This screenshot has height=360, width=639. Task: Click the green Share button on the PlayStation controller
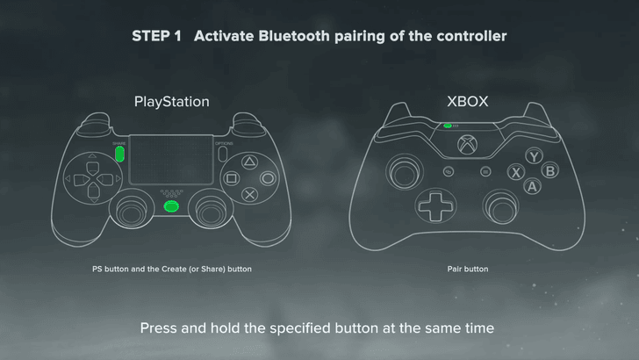point(119,154)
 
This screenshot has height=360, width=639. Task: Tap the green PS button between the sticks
point(171,206)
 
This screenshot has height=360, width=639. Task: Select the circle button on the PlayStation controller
point(269,177)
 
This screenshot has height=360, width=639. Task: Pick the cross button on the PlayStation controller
point(249,195)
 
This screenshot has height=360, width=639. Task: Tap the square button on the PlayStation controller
point(231,177)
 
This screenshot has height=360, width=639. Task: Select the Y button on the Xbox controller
point(532,156)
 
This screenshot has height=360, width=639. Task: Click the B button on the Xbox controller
point(549,170)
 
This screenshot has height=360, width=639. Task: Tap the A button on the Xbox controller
point(532,186)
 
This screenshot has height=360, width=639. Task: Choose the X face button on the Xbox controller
point(515,171)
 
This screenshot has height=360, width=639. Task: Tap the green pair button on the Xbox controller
point(448,125)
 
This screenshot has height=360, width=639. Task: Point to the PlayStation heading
point(171,102)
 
